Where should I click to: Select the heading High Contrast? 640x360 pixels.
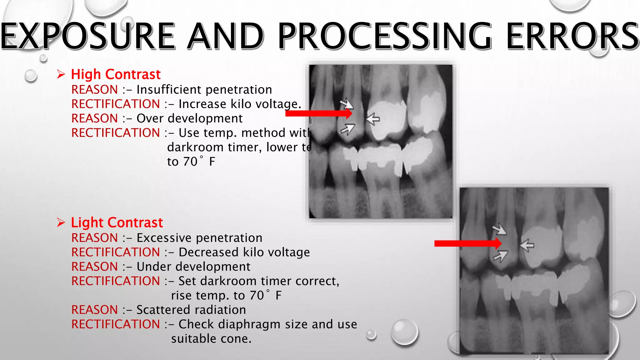pyautogui.click(x=116, y=74)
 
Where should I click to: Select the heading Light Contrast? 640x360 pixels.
pyautogui.click(x=117, y=222)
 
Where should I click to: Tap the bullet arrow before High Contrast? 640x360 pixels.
pyautogui.click(x=61, y=74)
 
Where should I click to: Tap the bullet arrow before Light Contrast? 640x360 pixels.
pyautogui.click(x=61, y=222)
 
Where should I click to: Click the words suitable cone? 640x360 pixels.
pyautogui.click(x=211, y=338)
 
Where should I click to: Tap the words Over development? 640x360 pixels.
pyautogui.click(x=189, y=118)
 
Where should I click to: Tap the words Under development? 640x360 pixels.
pyautogui.click(x=193, y=267)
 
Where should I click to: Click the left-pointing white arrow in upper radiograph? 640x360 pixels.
pyautogui.click(x=372, y=119)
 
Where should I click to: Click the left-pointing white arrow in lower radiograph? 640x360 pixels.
pyautogui.click(x=527, y=245)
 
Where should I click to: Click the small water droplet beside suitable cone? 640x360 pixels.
pyautogui.click(x=371, y=334)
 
